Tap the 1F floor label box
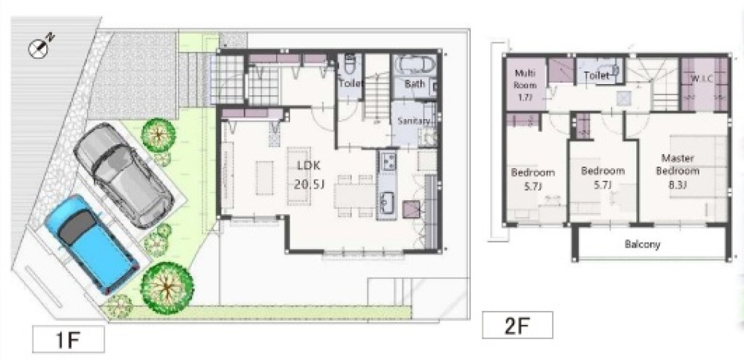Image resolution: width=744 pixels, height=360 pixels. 68,339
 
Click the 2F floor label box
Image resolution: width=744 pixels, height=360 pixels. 517,325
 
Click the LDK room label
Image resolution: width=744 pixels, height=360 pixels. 309,166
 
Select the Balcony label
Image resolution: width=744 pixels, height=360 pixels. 643,245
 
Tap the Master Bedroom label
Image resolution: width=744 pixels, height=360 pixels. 678,164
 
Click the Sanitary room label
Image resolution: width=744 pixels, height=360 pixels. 413,121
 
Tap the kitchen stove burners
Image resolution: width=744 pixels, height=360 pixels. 388,161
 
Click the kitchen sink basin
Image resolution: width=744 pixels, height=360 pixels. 387,202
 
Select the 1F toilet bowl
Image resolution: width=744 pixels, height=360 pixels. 350,63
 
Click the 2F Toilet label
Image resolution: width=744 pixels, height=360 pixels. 597,75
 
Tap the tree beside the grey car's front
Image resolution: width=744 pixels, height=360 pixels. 158,134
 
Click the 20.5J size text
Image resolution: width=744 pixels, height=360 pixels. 309,184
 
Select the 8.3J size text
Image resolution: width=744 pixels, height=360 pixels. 678,185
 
